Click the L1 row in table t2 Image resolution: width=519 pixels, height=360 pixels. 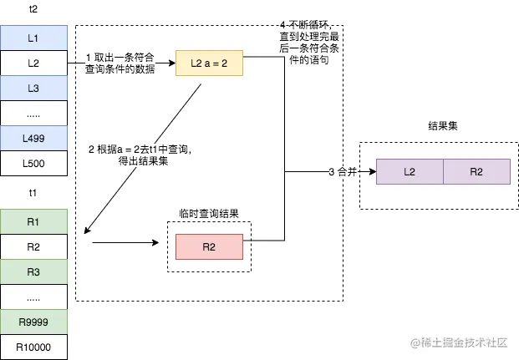click(x=33, y=38)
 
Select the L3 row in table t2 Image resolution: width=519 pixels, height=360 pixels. click(x=33, y=88)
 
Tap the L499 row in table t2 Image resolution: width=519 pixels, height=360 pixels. click(x=33, y=138)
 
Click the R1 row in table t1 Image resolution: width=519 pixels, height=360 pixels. click(x=33, y=222)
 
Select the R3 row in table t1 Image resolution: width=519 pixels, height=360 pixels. click(x=33, y=272)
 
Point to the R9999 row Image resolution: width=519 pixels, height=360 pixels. click(x=33, y=322)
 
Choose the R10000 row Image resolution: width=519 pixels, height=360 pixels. click(x=33, y=347)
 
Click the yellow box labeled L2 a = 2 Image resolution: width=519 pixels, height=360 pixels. click(x=209, y=63)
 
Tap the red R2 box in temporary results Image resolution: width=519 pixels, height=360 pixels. click(x=209, y=247)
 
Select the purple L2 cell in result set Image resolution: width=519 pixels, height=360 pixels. click(x=410, y=171)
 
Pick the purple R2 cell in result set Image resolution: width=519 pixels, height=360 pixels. click(x=476, y=171)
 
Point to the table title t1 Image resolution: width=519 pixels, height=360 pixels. click(x=33, y=193)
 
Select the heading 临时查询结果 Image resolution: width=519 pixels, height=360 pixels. click(x=209, y=214)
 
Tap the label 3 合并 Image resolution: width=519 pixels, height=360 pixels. click(x=343, y=171)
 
